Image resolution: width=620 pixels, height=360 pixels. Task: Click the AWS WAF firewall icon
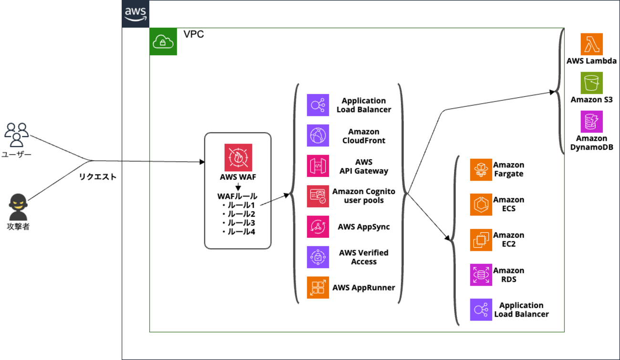tap(238, 157)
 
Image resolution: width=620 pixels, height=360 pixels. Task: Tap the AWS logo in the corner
tap(136, 14)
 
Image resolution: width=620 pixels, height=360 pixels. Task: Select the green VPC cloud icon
tap(163, 41)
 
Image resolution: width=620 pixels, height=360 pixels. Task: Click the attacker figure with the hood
tap(18, 207)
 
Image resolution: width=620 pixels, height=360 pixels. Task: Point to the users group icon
tap(17, 134)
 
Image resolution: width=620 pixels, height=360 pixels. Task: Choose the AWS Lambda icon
tap(591, 44)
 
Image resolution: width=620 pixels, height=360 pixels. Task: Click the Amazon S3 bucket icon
tap(591, 83)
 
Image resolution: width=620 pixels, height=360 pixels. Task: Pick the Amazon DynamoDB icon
tap(591, 122)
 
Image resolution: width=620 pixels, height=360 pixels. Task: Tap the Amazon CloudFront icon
tap(318, 136)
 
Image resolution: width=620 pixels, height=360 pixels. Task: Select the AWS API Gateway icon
tap(318, 166)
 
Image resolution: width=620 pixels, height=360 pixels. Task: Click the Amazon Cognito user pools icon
tap(318, 196)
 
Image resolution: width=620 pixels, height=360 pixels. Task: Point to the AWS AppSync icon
tap(318, 226)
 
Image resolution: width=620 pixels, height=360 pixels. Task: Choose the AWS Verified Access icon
tap(318, 257)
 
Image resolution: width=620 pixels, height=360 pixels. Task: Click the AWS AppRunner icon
tap(318, 288)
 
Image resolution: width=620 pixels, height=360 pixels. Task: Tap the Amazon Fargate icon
tap(481, 170)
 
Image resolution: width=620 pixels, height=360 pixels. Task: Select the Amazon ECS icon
tap(481, 205)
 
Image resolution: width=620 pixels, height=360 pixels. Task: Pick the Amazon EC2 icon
tap(481, 240)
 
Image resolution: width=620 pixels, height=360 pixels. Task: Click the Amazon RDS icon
tap(481, 275)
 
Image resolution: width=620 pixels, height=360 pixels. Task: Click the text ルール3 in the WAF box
tap(241, 223)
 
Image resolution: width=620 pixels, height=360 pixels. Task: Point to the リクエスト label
tap(98, 177)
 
